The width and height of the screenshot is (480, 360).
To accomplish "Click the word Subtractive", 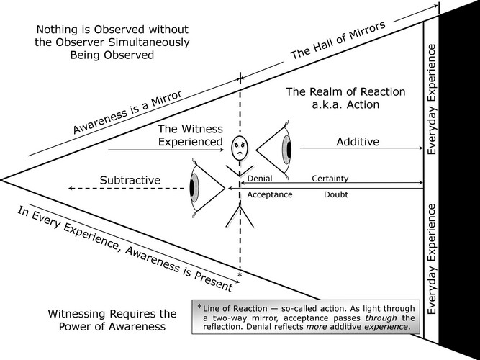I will point(130,179).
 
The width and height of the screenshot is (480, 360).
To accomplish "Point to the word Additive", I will point(358,142).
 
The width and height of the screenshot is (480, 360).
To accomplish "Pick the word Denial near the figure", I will point(260,178).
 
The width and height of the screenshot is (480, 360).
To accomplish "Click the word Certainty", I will point(331,178).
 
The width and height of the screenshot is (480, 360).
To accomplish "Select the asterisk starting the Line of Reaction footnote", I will point(199,305).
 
